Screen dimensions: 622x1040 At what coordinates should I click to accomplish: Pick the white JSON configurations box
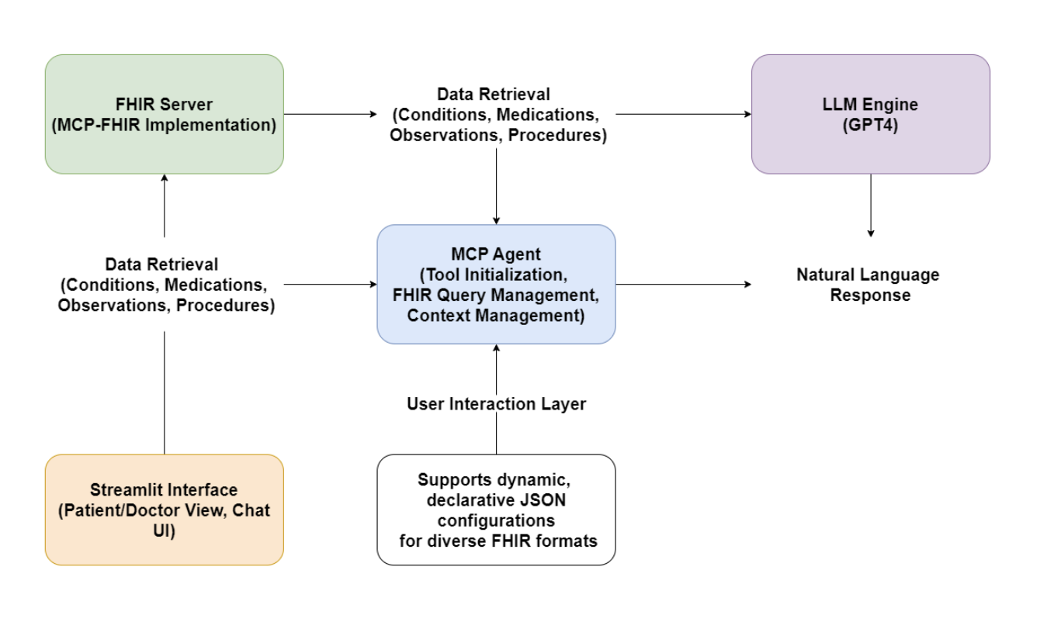click(496, 510)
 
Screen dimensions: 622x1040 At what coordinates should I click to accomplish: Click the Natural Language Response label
click(868, 285)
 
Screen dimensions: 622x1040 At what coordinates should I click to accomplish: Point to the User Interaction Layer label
click(496, 404)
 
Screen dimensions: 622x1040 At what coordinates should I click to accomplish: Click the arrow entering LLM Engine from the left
click(683, 114)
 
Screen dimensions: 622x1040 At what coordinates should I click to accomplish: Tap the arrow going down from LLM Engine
click(870, 206)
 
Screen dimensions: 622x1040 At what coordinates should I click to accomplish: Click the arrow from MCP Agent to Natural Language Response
click(683, 285)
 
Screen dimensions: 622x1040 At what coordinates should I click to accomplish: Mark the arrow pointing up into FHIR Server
click(164, 206)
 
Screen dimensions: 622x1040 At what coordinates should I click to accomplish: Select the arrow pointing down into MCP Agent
click(496, 186)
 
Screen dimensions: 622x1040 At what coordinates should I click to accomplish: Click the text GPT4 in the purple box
click(870, 126)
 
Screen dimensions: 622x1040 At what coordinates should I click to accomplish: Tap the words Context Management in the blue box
click(496, 316)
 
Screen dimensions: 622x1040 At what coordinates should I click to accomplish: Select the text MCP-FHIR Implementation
click(164, 125)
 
